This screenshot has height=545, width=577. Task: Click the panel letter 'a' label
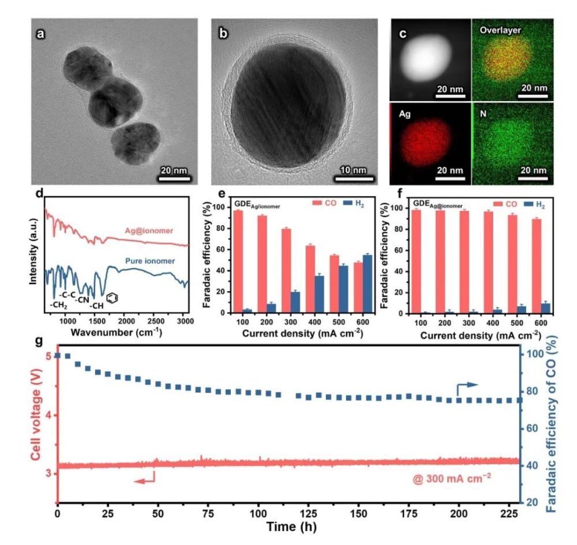40,33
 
